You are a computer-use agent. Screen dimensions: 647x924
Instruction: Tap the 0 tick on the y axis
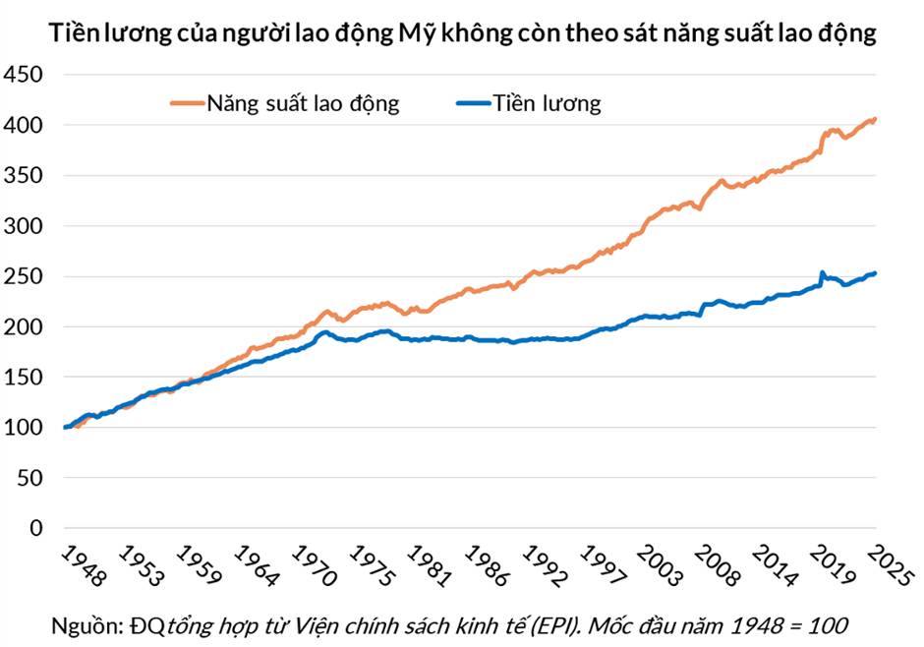click(36, 528)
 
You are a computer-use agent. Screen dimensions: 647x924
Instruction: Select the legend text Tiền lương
click(548, 103)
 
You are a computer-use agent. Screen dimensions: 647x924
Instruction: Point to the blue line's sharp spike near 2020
click(821, 272)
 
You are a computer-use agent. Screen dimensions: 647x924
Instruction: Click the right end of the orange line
click(875, 119)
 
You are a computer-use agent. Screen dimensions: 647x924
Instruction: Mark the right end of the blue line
click(875, 273)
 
